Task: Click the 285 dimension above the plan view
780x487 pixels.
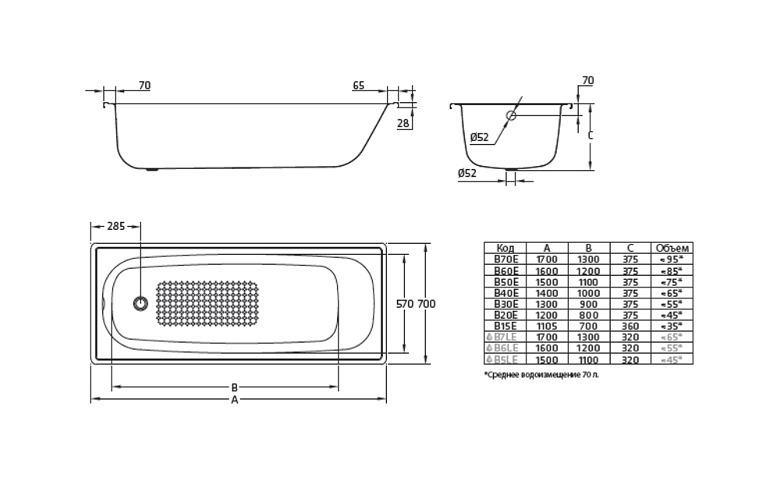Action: pyautogui.click(x=115, y=226)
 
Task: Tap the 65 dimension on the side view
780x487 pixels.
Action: pyautogui.click(x=359, y=86)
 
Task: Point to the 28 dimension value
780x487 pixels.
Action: pyautogui.click(x=403, y=123)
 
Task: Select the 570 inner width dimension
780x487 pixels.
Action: pyautogui.click(x=405, y=304)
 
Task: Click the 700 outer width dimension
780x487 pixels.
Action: pyautogui.click(x=426, y=304)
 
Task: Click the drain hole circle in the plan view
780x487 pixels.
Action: pyautogui.click(x=140, y=304)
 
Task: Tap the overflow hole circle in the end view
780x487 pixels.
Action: pyautogui.click(x=511, y=116)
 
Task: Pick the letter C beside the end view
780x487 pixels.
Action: pyautogui.click(x=590, y=135)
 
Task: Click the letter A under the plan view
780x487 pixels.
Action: pyautogui.click(x=234, y=400)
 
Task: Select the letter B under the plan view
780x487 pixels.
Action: pyautogui.click(x=234, y=387)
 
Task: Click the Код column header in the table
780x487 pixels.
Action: pyautogui.click(x=505, y=248)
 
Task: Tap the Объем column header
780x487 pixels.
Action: pyautogui.click(x=672, y=248)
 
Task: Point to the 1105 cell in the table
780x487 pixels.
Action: pyautogui.click(x=547, y=326)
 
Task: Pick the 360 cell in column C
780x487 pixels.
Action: pyautogui.click(x=630, y=326)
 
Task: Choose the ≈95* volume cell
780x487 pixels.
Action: pyautogui.click(x=672, y=259)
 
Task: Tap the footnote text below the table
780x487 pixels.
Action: pyautogui.click(x=542, y=375)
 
